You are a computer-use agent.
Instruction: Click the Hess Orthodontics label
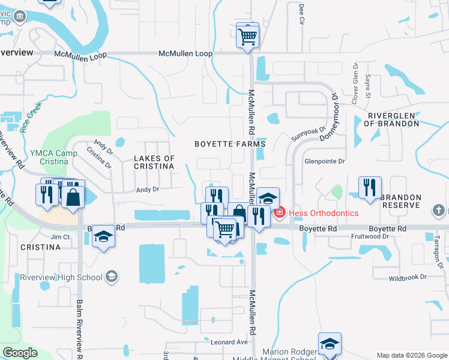click(x=324, y=213)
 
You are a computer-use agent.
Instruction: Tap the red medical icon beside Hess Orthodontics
click(x=279, y=212)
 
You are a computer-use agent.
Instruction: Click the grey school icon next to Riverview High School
click(x=111, y=276)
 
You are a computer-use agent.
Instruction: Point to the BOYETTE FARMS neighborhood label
click(x=230, y=144)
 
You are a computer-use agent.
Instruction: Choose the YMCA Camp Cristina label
click(x=50, y=157)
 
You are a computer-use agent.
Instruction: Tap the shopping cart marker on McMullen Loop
click(x=247, y=36)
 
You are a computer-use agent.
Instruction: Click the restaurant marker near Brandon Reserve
click(x=370, y=187)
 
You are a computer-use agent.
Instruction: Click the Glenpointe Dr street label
click(x=325, y=161)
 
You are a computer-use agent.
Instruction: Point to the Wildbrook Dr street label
click(x=407, y=277)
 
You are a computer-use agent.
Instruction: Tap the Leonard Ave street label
click(x=229, y=342)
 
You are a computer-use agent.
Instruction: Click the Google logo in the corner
click(x=20, y=353)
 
